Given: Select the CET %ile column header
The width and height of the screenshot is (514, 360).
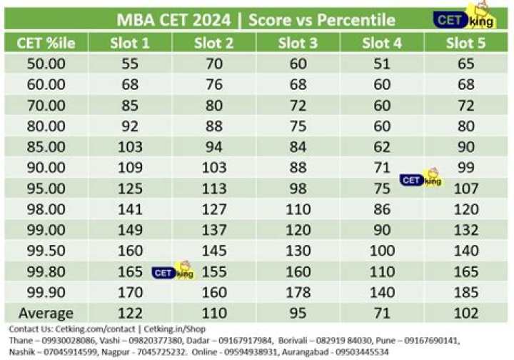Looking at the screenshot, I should [46, 43].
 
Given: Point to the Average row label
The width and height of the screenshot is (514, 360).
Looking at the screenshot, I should [46, 313].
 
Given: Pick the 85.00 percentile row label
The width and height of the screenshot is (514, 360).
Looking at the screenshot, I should [46, 147].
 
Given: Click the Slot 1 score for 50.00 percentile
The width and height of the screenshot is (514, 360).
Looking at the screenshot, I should [130, 64].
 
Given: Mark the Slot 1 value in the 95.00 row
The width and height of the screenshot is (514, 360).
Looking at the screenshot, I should [130, 189].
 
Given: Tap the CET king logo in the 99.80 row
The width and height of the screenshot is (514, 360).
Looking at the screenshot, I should [173, 271].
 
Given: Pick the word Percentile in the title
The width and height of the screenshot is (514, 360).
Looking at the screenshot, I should [353, 19].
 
